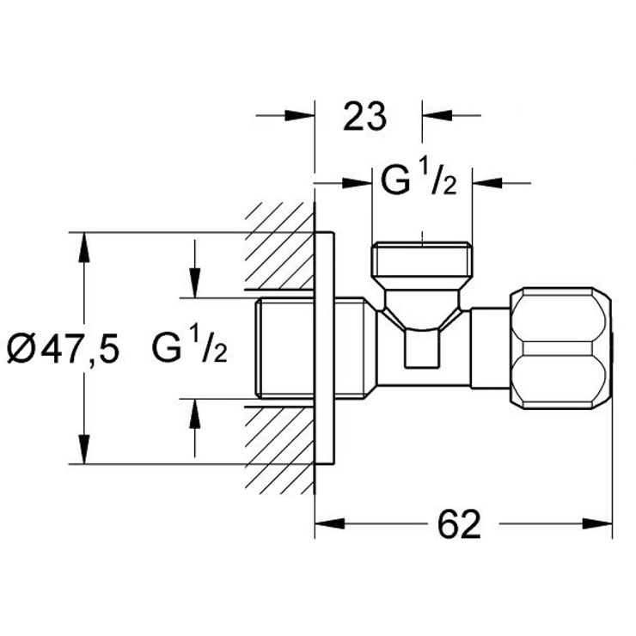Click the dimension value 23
pyautogui.click(x=364, y=116)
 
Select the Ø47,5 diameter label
pyautogui.click(x=64, y=348)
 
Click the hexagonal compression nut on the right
pyautogui.click(x=560, y=348)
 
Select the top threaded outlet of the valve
pyautogui.click(x=422, y=259)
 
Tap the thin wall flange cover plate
pyautogui.click(x=324, y=348)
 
